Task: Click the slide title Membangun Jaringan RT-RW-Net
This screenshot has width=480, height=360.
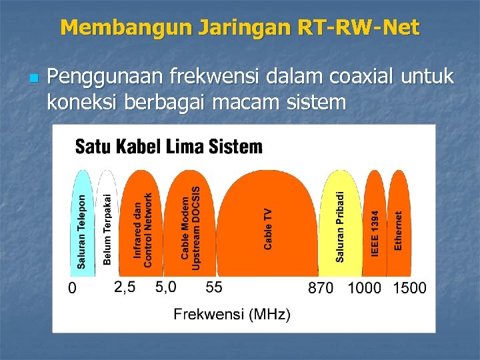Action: pos(240,27)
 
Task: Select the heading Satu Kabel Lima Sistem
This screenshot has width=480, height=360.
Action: pos(169,147)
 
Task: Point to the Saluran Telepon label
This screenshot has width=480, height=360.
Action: pos(81,231)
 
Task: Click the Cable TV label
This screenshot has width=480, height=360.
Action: pos(268,229)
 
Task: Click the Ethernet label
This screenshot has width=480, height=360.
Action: pos(398,231)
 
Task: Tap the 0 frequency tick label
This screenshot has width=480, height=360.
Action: pos(73,289)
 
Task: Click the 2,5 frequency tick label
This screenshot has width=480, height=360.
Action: pos(125,288)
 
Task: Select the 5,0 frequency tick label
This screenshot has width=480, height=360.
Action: pos(165,288)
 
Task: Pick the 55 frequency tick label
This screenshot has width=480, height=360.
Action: pos(214,288)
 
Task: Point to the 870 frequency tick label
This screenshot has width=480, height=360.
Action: pos(321,289)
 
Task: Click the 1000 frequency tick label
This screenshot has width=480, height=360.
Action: pos(365,289)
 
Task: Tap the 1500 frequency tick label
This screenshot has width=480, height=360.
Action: pos(409,289)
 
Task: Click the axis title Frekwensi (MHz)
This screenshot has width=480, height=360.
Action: pos(232,315)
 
